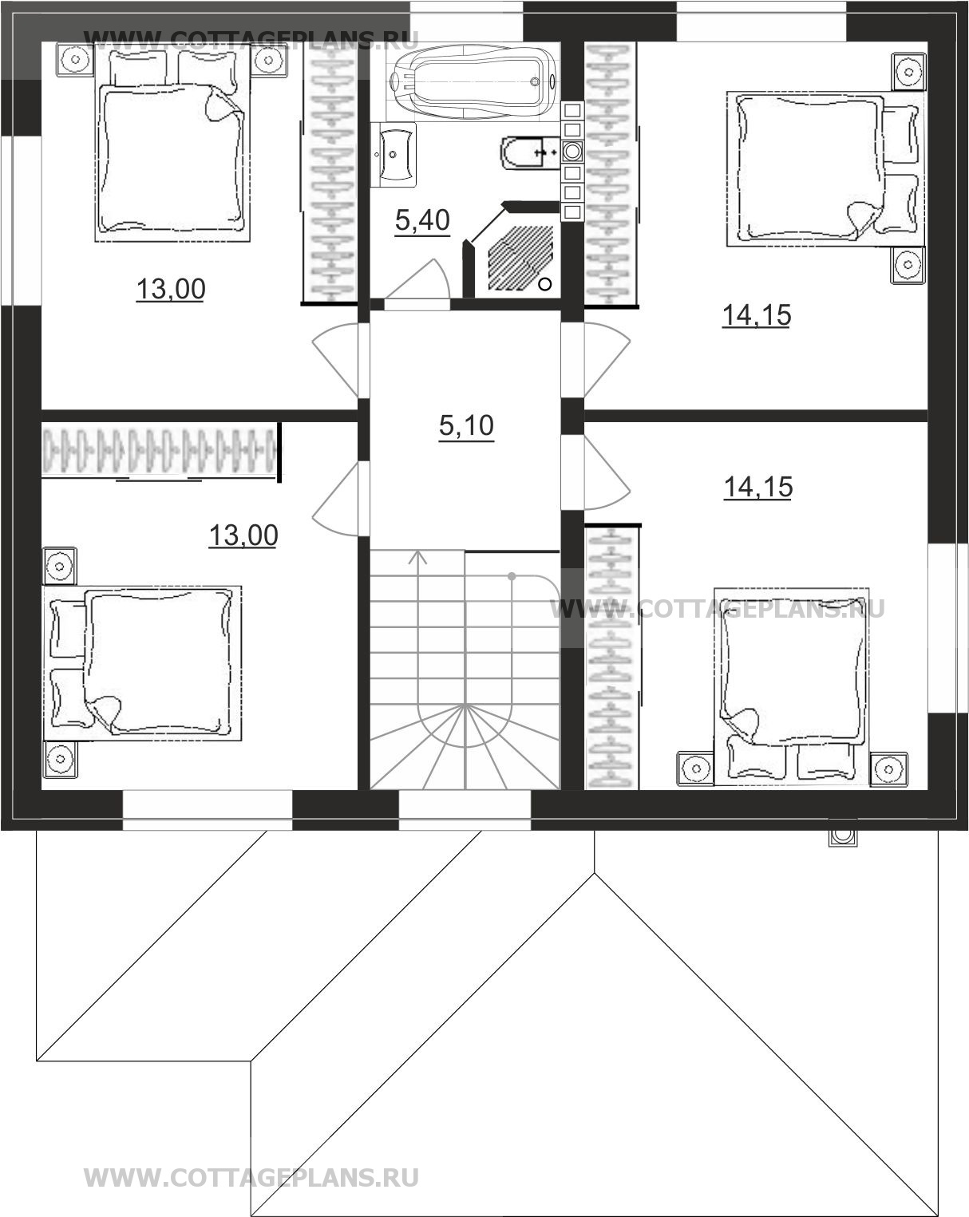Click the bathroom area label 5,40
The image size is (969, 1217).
point(422,220)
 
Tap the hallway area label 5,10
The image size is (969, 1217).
point(467,425)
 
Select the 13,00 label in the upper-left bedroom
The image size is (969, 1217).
point(171,289)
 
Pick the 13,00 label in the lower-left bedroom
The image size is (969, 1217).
point(243,535)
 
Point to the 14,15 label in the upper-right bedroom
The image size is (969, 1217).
point(757,315)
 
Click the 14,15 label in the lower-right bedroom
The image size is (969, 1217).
point(758,487)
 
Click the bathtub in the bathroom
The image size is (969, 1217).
point(474,82)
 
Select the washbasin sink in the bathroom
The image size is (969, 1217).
point(394,154)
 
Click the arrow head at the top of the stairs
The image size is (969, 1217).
point(418,558)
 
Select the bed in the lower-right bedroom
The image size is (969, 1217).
point(792,686)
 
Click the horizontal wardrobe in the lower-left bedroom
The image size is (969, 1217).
point(161,451)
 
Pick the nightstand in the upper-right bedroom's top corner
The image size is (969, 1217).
point(908,72)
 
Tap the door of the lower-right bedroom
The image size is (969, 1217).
point(607,472)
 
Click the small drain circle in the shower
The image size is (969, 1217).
point(544,284)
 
